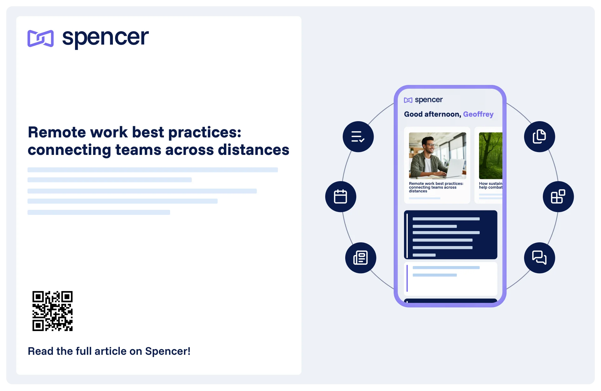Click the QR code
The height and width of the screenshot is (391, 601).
pos(53,311)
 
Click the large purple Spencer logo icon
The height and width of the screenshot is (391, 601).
pos(41,38)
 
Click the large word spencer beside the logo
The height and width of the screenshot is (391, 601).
pos(105,38)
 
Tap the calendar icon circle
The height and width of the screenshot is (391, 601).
pos(341,197)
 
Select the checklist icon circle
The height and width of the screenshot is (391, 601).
pos(358,137)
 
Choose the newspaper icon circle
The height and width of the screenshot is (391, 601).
pos(361,258)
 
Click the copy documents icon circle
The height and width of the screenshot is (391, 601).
pos(539,137)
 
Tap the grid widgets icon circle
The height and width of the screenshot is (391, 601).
pos(558,197)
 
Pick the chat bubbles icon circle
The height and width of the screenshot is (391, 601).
pos(539,258)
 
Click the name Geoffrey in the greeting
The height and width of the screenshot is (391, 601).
pos(478,114)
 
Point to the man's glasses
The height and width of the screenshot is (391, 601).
pos(431,145)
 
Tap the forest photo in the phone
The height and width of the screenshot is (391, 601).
pos(490,156)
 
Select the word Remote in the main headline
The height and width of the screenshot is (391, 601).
pos(57,132)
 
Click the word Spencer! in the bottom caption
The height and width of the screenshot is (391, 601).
pos(168,351)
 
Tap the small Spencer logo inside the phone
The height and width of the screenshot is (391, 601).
pos(408,100)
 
